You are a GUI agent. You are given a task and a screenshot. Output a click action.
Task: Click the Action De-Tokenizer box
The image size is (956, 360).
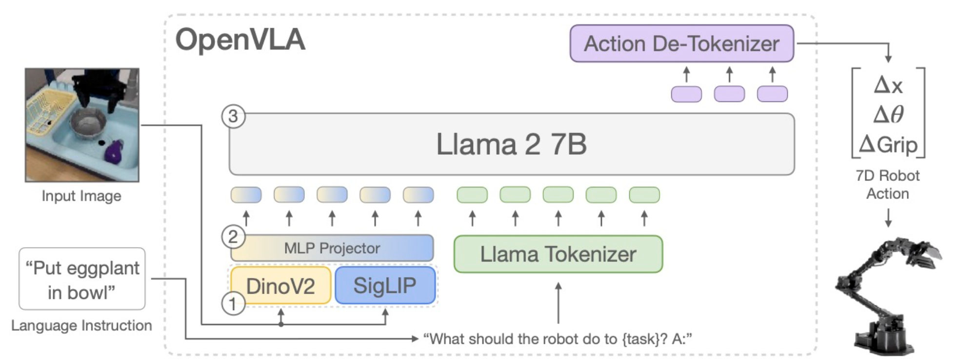click(682, 43)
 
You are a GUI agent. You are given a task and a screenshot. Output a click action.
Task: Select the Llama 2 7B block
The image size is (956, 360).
click(512, 144)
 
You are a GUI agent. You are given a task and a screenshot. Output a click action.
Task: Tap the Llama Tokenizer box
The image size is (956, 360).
click(558, 254)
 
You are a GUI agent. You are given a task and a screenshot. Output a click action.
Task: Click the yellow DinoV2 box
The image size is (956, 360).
click(281, 285)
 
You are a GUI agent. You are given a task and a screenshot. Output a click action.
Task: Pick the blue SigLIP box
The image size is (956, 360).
click(385, 285)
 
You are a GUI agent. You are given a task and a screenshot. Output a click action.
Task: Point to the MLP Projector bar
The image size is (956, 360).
click(332, 248)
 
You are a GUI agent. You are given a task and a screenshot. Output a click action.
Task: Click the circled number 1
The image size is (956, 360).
click(233, 303)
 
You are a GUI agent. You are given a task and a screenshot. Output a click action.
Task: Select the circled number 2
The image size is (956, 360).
click(233, 237)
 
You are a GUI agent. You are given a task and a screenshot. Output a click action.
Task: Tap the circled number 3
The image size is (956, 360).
click(233, 117)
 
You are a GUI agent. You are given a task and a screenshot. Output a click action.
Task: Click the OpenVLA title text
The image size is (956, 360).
click(240, 40)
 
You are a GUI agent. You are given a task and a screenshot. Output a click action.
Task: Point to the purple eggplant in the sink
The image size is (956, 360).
click(114, 151)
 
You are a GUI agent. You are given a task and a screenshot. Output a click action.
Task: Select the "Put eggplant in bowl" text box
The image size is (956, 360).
click(82, 279)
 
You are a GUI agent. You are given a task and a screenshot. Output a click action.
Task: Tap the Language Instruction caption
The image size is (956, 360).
click(81, 325)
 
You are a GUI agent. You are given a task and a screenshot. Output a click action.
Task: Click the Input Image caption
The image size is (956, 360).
click(81, 196)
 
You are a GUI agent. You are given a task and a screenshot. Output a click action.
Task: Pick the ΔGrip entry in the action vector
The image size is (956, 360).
click(888, 144)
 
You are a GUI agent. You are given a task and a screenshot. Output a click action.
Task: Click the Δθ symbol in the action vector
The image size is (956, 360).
click(888, 115)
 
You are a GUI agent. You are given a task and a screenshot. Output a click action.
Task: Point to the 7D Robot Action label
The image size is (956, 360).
click(888, 184)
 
